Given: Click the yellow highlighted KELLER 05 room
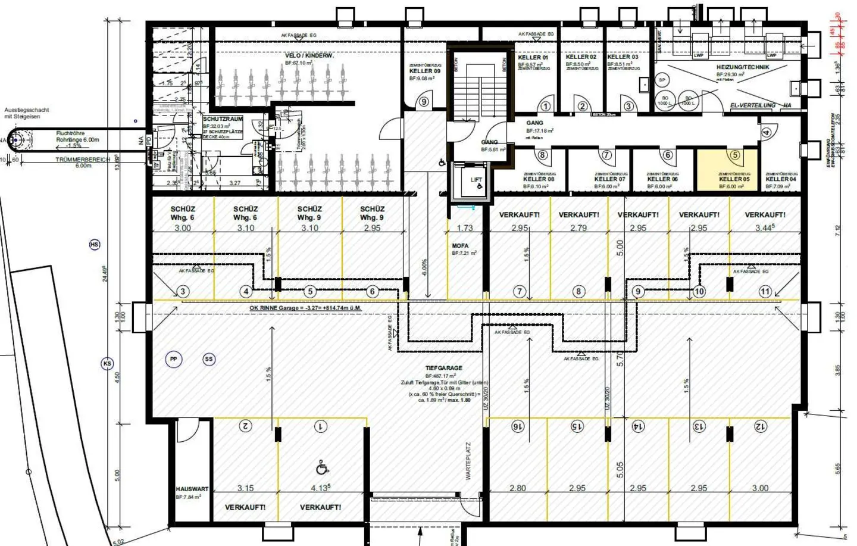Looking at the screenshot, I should pos(727,170).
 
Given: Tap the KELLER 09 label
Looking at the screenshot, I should pos(424,71).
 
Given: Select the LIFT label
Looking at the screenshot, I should pos(476,179).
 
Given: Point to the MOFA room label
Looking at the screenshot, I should pos(460,245).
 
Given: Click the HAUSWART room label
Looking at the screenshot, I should pos(192,489).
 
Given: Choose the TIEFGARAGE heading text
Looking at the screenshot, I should pos(443,368).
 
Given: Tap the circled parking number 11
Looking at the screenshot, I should pos(765,291).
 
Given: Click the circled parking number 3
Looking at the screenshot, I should pos(183,291).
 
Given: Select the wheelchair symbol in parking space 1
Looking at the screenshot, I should pos(322,468).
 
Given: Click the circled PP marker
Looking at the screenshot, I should pos(173,359).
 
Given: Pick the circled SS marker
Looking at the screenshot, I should pos(208,359).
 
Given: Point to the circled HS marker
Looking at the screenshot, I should pos(94,245).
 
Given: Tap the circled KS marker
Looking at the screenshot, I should pos(107,364).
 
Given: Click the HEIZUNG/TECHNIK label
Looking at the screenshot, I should pos(742,67).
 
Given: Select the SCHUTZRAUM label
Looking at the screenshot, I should pos(223,119).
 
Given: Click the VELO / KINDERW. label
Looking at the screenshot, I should pos(309,55).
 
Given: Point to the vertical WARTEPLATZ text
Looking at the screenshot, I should pos(468,461).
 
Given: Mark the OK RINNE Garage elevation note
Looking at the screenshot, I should pos(305,308).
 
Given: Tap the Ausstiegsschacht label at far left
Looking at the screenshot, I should pos(27,113).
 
